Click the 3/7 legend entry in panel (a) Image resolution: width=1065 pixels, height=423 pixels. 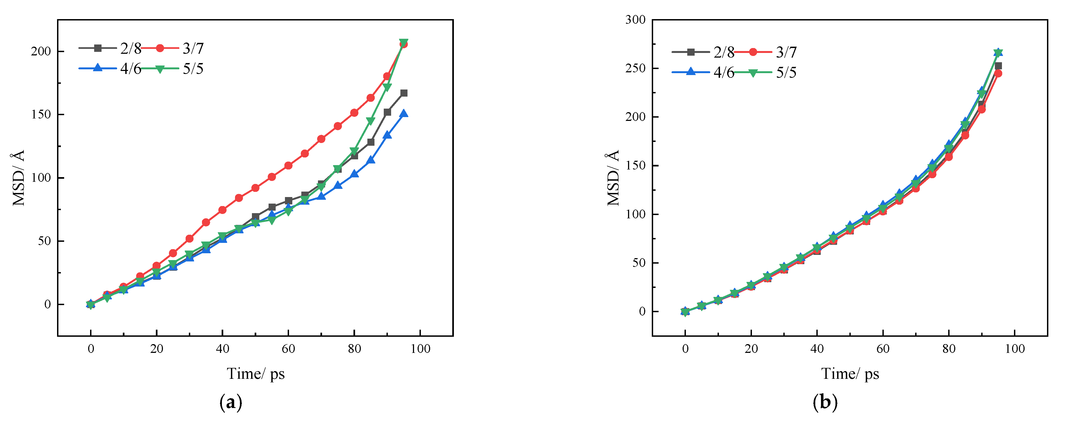pyautogui.click(x=193, y=48)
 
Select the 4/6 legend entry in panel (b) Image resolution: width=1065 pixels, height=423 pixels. pyautogui.click(x=724, y=72)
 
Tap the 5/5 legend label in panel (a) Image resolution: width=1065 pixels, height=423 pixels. pyautogui.click(x=193, y=69)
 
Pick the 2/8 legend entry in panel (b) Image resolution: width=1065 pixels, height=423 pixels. pyautogui.click(x=724, y=52)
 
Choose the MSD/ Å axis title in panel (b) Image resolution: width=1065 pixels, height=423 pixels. pyautogui.click(x=613, y=178)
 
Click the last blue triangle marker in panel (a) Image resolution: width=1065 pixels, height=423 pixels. pyautogui.click(x=403, y=113)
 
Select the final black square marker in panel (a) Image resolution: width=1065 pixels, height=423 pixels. pyautogui.click(x=403, y=93)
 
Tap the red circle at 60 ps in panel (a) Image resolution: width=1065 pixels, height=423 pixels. pyautogui.click(x=288, y=165)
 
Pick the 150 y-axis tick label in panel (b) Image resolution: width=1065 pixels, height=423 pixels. pyautogui.click(x=635, y=165)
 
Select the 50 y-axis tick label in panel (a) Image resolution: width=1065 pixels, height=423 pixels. pyautogui.click(x=44, y=241)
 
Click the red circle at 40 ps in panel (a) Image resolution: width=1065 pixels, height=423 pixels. pyautogui.click(x=222, y=210)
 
